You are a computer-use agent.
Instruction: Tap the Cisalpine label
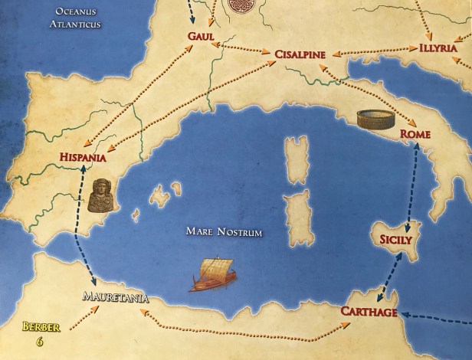(x=300, y=54)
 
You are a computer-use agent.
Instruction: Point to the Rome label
(x=415, y=136)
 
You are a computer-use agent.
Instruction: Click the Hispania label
(x=81, y=158)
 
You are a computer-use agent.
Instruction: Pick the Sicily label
(x=397, y=241)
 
